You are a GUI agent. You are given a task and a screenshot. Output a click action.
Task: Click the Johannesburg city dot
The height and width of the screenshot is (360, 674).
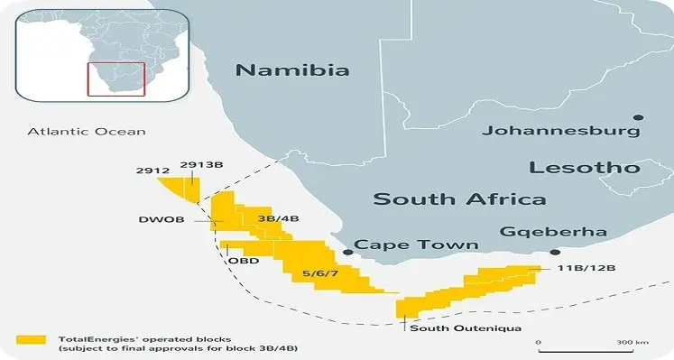639,117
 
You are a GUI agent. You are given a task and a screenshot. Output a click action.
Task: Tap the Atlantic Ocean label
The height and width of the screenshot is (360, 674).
86,132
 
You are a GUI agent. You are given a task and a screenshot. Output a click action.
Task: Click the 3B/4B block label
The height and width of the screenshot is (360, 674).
279,219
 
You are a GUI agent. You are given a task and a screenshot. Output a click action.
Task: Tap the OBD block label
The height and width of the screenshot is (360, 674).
243,262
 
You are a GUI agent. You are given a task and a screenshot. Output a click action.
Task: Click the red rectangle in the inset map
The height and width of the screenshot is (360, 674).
115,78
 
